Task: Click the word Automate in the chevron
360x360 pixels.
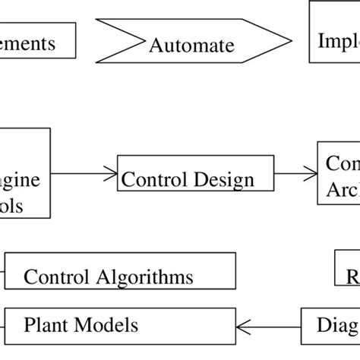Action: [191, 46]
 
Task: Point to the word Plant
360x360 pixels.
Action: [46, 326]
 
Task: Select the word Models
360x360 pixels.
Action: [106, 326]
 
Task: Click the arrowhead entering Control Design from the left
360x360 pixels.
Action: [111, 174]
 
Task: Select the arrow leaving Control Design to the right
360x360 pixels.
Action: [295, 174]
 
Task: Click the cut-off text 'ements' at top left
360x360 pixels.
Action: [28, 43]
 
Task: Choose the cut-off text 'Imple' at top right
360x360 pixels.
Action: [338, 44]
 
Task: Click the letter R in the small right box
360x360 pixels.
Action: [352, 276]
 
